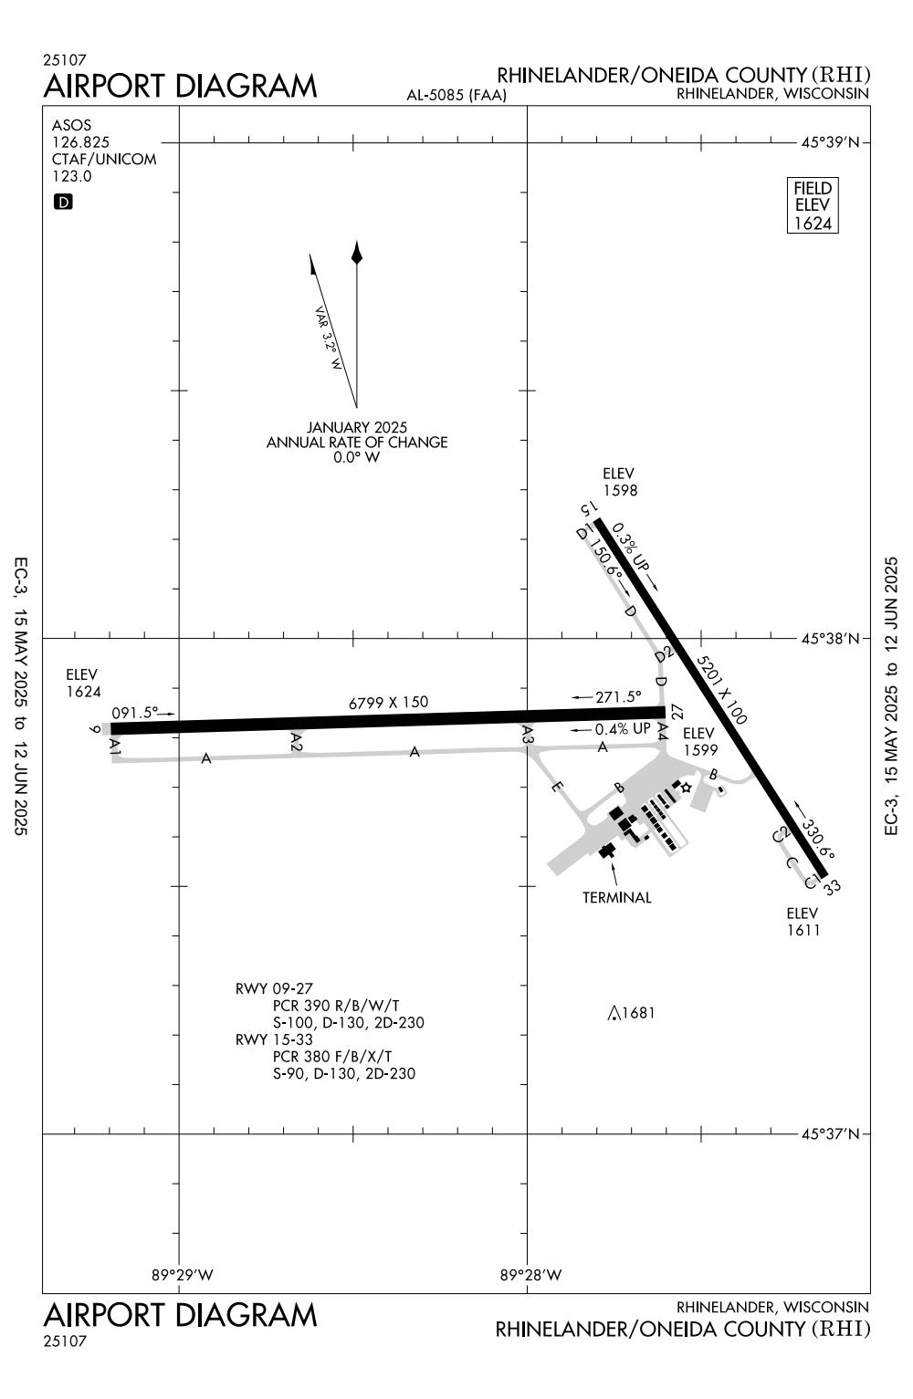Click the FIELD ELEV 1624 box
(812, 205)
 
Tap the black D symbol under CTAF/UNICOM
(63, 202)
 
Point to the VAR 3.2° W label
(329, 338)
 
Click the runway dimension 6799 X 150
(388, 703)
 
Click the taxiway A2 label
(296, 741)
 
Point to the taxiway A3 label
(528, 734)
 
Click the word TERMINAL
(617, 897)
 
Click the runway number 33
(831, 887)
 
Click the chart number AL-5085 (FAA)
(456, 95)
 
